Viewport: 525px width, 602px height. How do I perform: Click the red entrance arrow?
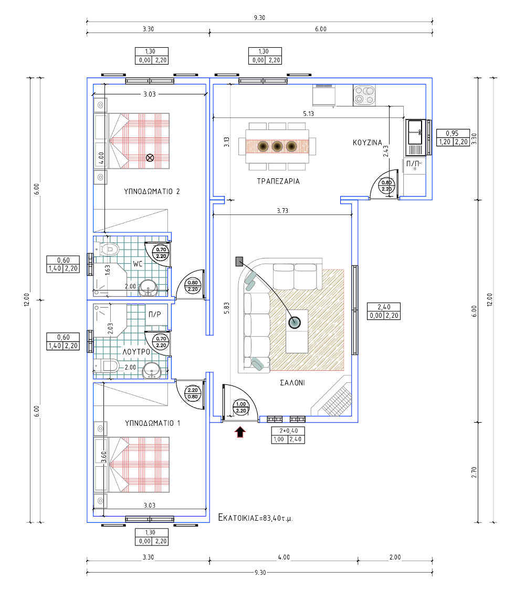pos(240,432)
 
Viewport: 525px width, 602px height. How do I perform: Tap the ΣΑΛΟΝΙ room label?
pos(292,383)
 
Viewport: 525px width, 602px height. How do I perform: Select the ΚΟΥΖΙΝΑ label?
pos(367,143)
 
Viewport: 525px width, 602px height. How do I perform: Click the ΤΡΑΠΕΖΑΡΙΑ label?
pos(278,181)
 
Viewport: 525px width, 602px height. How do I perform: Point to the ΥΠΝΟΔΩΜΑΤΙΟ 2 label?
pos(152,191)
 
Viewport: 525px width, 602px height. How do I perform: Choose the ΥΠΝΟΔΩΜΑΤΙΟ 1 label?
pos(152,423)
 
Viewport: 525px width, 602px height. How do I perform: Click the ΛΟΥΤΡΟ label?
pos(136,352)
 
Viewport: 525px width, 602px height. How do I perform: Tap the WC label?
pos(138,264)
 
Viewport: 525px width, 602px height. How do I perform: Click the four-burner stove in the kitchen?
pos(364,95)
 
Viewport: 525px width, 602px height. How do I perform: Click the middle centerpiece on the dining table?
pos(277,146)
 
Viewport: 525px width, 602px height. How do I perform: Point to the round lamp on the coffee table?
pos(295,322)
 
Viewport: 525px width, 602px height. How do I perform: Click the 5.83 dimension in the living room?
pos(227,308)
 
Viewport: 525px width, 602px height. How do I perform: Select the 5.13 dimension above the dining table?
pos(308,114)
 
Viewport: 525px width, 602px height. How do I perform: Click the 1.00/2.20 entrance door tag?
pos(241,407)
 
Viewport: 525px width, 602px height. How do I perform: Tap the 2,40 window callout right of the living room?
pos(384,311)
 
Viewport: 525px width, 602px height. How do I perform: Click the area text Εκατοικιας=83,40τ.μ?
pos(256,518)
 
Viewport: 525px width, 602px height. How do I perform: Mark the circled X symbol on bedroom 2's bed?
pos(150,157)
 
